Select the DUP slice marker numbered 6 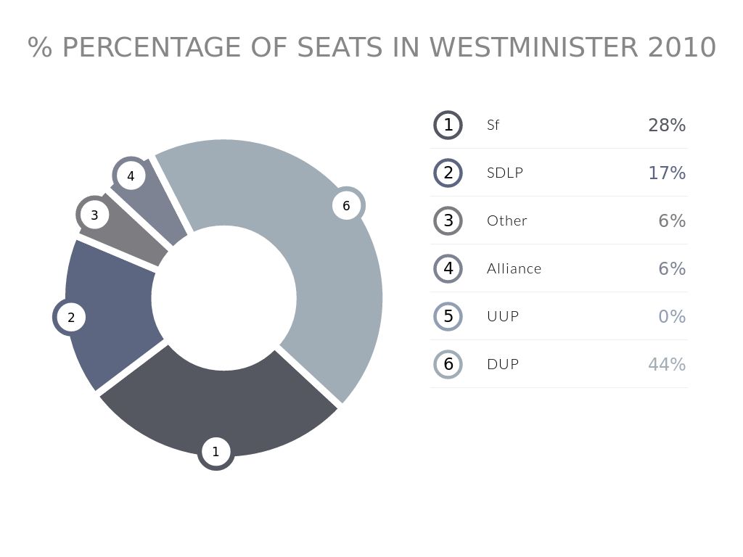pos(346,206)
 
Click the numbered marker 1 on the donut pos(215,452)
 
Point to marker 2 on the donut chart pos(71,318)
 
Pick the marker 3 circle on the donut pos(94,215)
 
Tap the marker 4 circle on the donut pos(131,176)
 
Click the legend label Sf pos(493,125)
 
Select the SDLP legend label pos(505,173)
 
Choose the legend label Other pos(507,220)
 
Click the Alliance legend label pos(514,268)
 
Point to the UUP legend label pos(503,316)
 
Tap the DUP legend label pos(503,364)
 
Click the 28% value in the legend pos(667,125)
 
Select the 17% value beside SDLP pos(667,173)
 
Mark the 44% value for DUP pos(667,364)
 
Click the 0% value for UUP pos(672,316)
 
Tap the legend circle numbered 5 pos(448,316)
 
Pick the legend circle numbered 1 pos(448,125)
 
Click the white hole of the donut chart pos(223,298)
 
